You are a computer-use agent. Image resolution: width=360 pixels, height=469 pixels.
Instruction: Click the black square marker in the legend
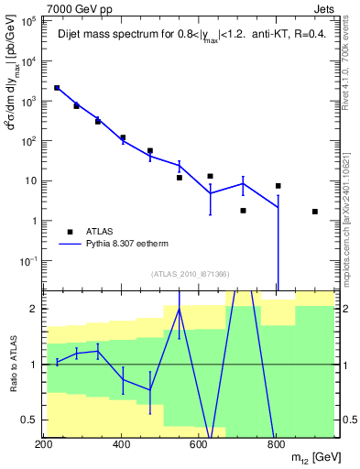(x=70, y=232)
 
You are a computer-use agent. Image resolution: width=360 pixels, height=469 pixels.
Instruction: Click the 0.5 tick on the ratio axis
(x=30, y=420)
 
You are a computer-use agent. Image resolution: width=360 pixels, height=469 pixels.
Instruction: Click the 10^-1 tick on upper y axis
(x=28, y=261)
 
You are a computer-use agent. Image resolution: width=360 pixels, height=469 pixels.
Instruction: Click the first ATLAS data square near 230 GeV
(x=57, y=88)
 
